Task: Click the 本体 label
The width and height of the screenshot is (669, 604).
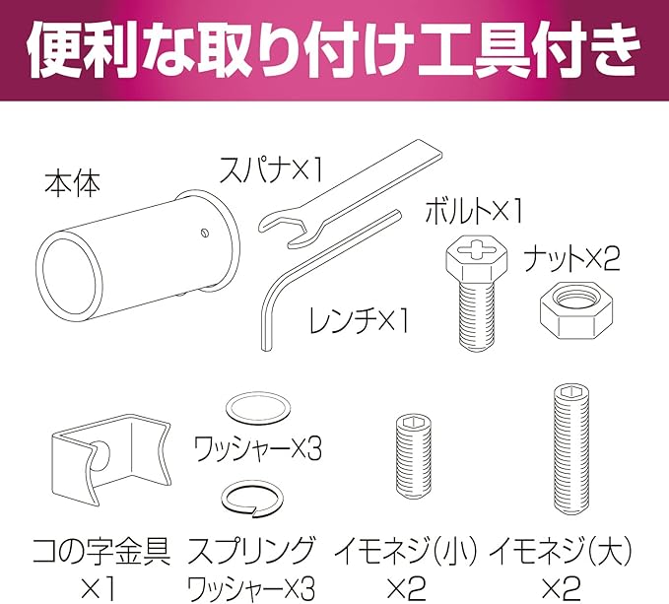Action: [x=73, y=184]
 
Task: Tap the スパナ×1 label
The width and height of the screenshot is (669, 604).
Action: [x=271, y=169]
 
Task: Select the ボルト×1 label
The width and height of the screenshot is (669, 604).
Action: [x=473, y=210]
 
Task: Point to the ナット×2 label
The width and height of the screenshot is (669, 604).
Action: [x=571, y=259]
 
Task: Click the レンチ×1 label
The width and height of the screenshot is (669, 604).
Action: [x=359, y=320]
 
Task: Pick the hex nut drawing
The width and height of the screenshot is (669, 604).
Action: [x=576, y=309]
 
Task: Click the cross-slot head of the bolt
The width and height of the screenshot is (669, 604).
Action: [x=477, y=249]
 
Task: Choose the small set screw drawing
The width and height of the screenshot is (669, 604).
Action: [x=413, y=458]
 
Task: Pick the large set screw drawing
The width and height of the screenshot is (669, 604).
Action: [x=570, y=448]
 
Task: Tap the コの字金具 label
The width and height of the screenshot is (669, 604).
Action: [x=101, y=551]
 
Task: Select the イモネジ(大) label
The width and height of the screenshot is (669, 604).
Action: [x=561, y=551]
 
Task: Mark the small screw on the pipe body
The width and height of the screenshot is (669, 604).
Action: [x=205, y=233]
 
